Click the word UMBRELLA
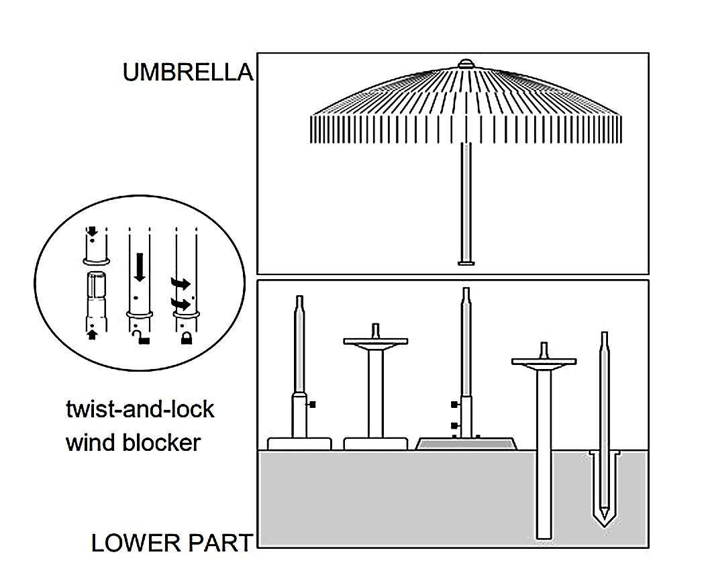point(188,72)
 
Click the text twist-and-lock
point(140,409)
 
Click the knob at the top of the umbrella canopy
point(465,64)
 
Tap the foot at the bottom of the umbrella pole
point(465,262)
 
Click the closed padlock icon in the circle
point(185,338)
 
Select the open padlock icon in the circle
point(140,337)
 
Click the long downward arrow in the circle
point(139,266)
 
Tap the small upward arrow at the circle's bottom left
point(92,333)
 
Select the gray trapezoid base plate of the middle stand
point(466,443)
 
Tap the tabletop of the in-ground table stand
point(544,362)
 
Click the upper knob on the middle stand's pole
point(455,405)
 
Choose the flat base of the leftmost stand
point(299,443)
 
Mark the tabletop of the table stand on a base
point(376,342)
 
